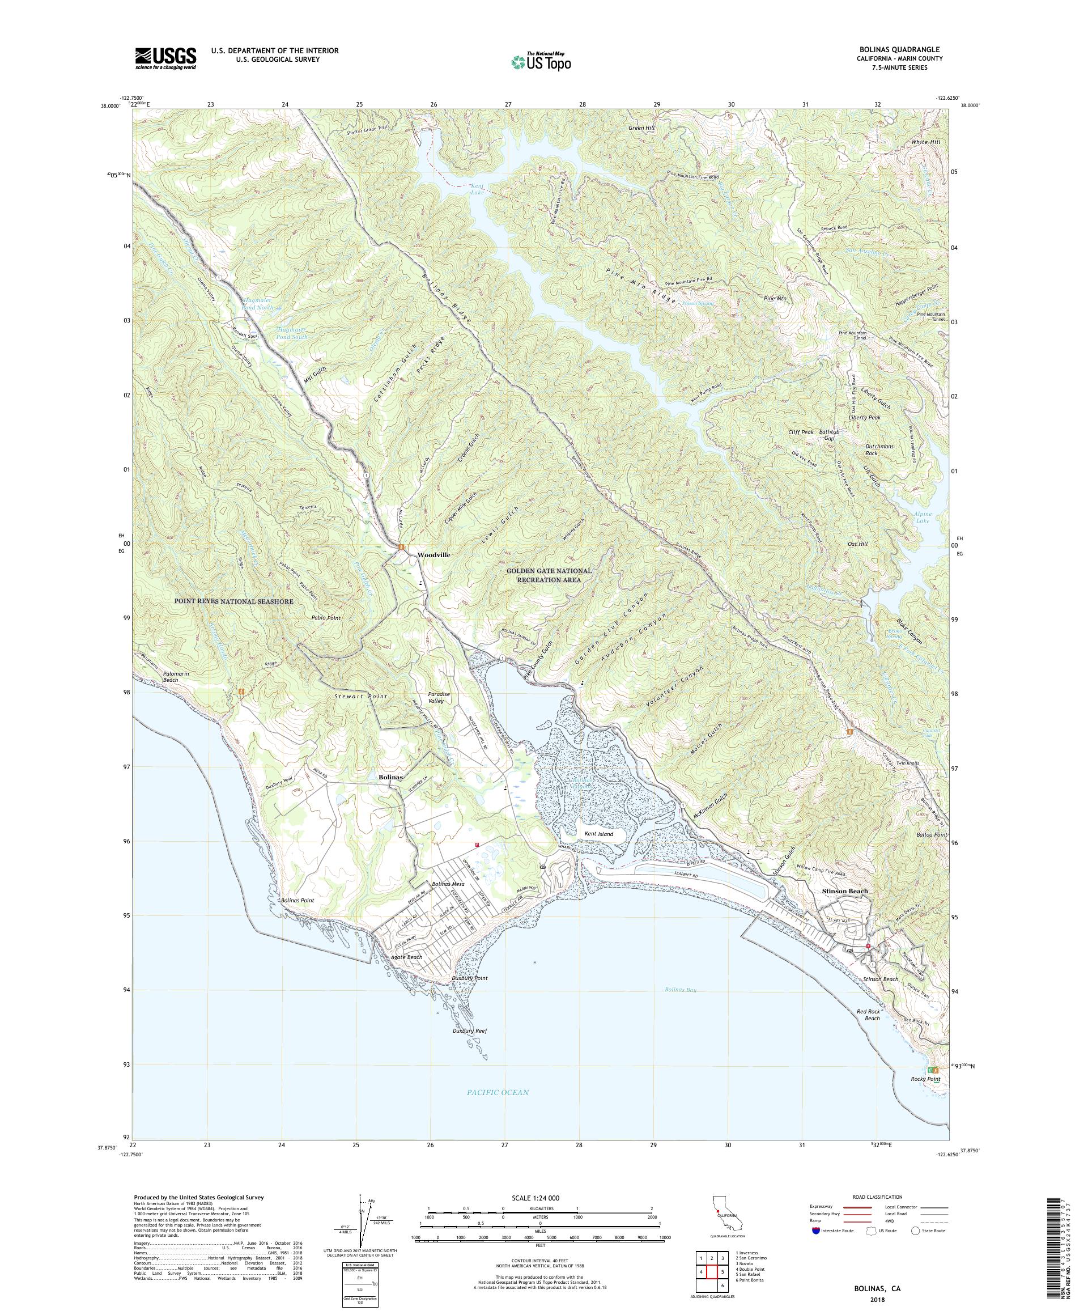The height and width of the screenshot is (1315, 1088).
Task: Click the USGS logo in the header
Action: pyautogui.click(x=165, y=59)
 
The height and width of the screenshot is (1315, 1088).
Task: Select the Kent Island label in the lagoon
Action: pyautogui.click(x=598, y=834)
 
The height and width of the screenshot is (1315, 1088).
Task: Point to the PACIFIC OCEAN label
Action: pyautogui.click(x=497, y=1092)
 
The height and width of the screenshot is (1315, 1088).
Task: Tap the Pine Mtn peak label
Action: pyautogui.click(x=775, y=299)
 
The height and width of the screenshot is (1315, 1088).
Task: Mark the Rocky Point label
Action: pyautogui.click(x=925, y=1079)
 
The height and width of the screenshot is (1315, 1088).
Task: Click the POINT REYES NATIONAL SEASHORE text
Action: pyautogui.click(x=233, y=601)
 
